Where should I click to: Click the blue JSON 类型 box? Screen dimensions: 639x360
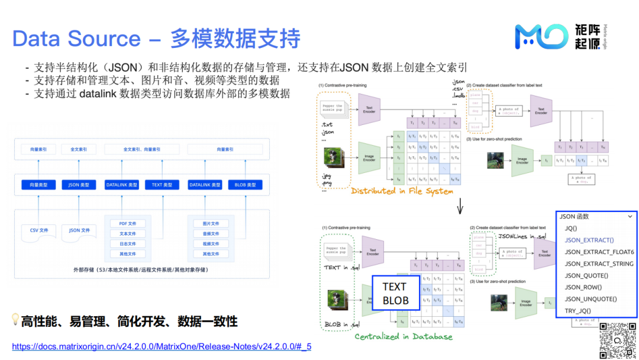coord(79,185)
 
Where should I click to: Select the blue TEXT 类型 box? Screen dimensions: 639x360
coord(162,185)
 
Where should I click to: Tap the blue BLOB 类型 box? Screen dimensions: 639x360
coord(245,185)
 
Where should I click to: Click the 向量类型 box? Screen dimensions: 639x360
coord(38,185)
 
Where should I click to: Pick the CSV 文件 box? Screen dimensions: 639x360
coord(38,230)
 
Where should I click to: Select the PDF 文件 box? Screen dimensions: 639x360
coord(128,223)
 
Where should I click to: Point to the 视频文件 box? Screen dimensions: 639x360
coord(211,243)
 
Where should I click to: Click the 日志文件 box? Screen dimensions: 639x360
coord(128,243)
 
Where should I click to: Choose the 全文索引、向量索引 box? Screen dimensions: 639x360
coord(141,150)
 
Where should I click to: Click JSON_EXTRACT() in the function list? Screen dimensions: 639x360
coord(589,240)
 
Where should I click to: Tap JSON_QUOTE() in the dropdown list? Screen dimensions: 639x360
coord(586,275)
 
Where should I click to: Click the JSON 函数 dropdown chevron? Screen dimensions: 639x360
coord(630,217)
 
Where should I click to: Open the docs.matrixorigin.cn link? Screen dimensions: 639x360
coord(162,346)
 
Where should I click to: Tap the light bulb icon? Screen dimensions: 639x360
coord(16,320)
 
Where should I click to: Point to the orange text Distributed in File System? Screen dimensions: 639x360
coord(402,191)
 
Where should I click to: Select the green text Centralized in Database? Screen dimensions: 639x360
coord(404,337)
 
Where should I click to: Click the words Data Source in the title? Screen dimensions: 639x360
coord(76,38)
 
